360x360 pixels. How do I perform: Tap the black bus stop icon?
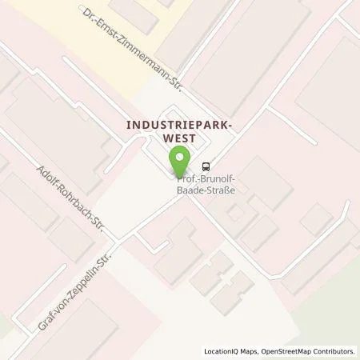point(207,166)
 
